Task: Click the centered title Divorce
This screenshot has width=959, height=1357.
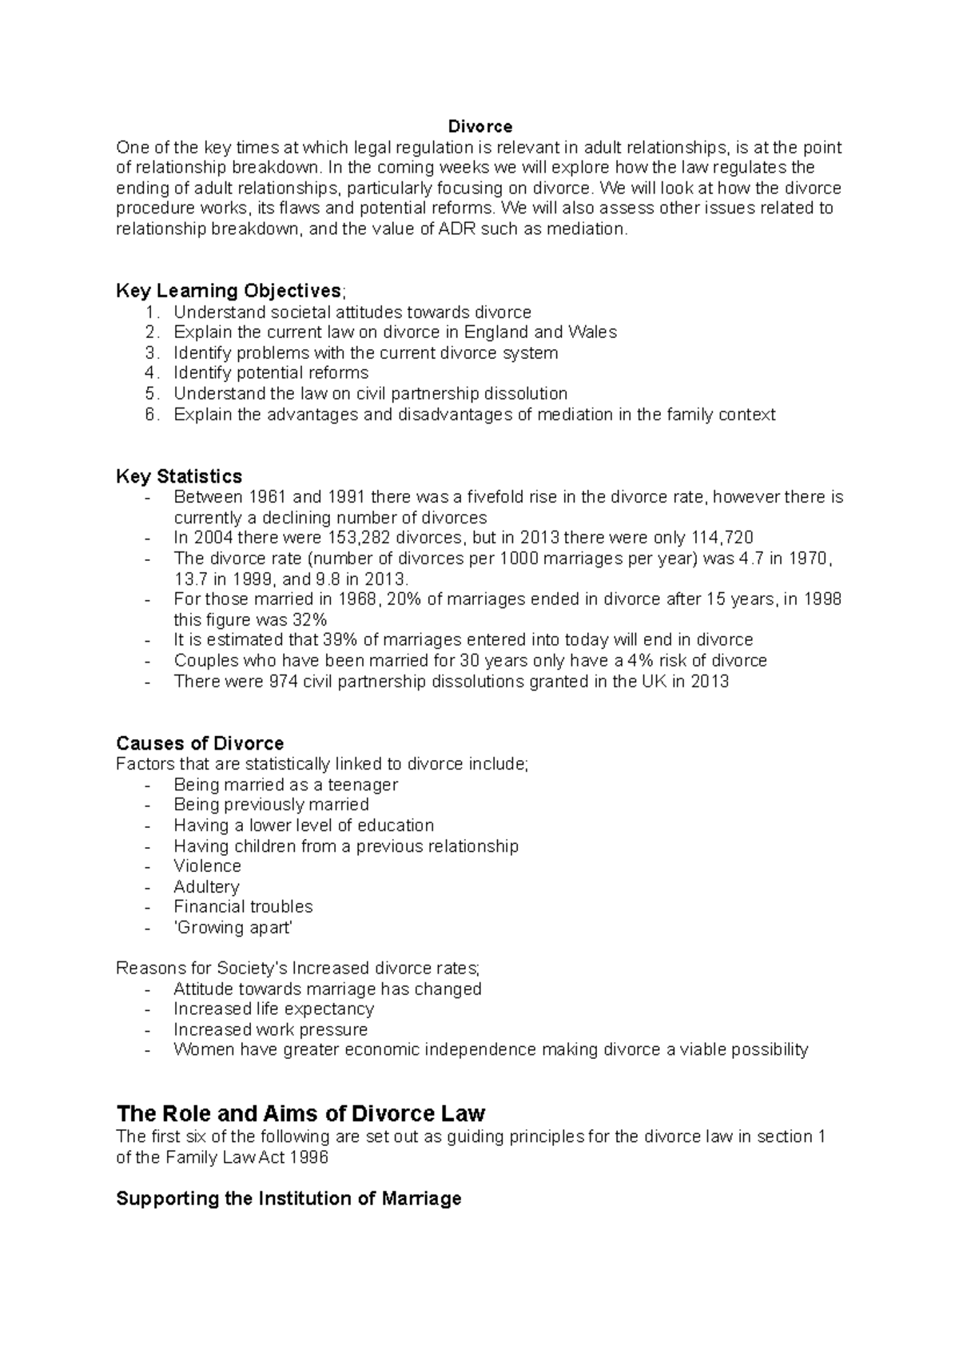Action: coord(479,126)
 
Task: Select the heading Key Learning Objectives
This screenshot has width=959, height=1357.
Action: coord(229,291)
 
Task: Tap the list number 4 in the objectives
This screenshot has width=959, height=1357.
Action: coord(152,373)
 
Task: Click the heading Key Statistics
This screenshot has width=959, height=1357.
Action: coord(179,476)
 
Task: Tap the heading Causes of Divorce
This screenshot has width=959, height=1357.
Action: coord(200,744)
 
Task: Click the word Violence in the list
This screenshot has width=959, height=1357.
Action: coord(207,866)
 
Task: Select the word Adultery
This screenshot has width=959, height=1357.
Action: coord(206,887)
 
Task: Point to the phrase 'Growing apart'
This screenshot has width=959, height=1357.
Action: coord(233,928)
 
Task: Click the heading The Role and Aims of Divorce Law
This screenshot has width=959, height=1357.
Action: coord(300,1113)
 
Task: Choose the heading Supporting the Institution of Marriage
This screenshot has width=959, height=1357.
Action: coord(288,1199)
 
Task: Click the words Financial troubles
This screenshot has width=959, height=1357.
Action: coord(243,907)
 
